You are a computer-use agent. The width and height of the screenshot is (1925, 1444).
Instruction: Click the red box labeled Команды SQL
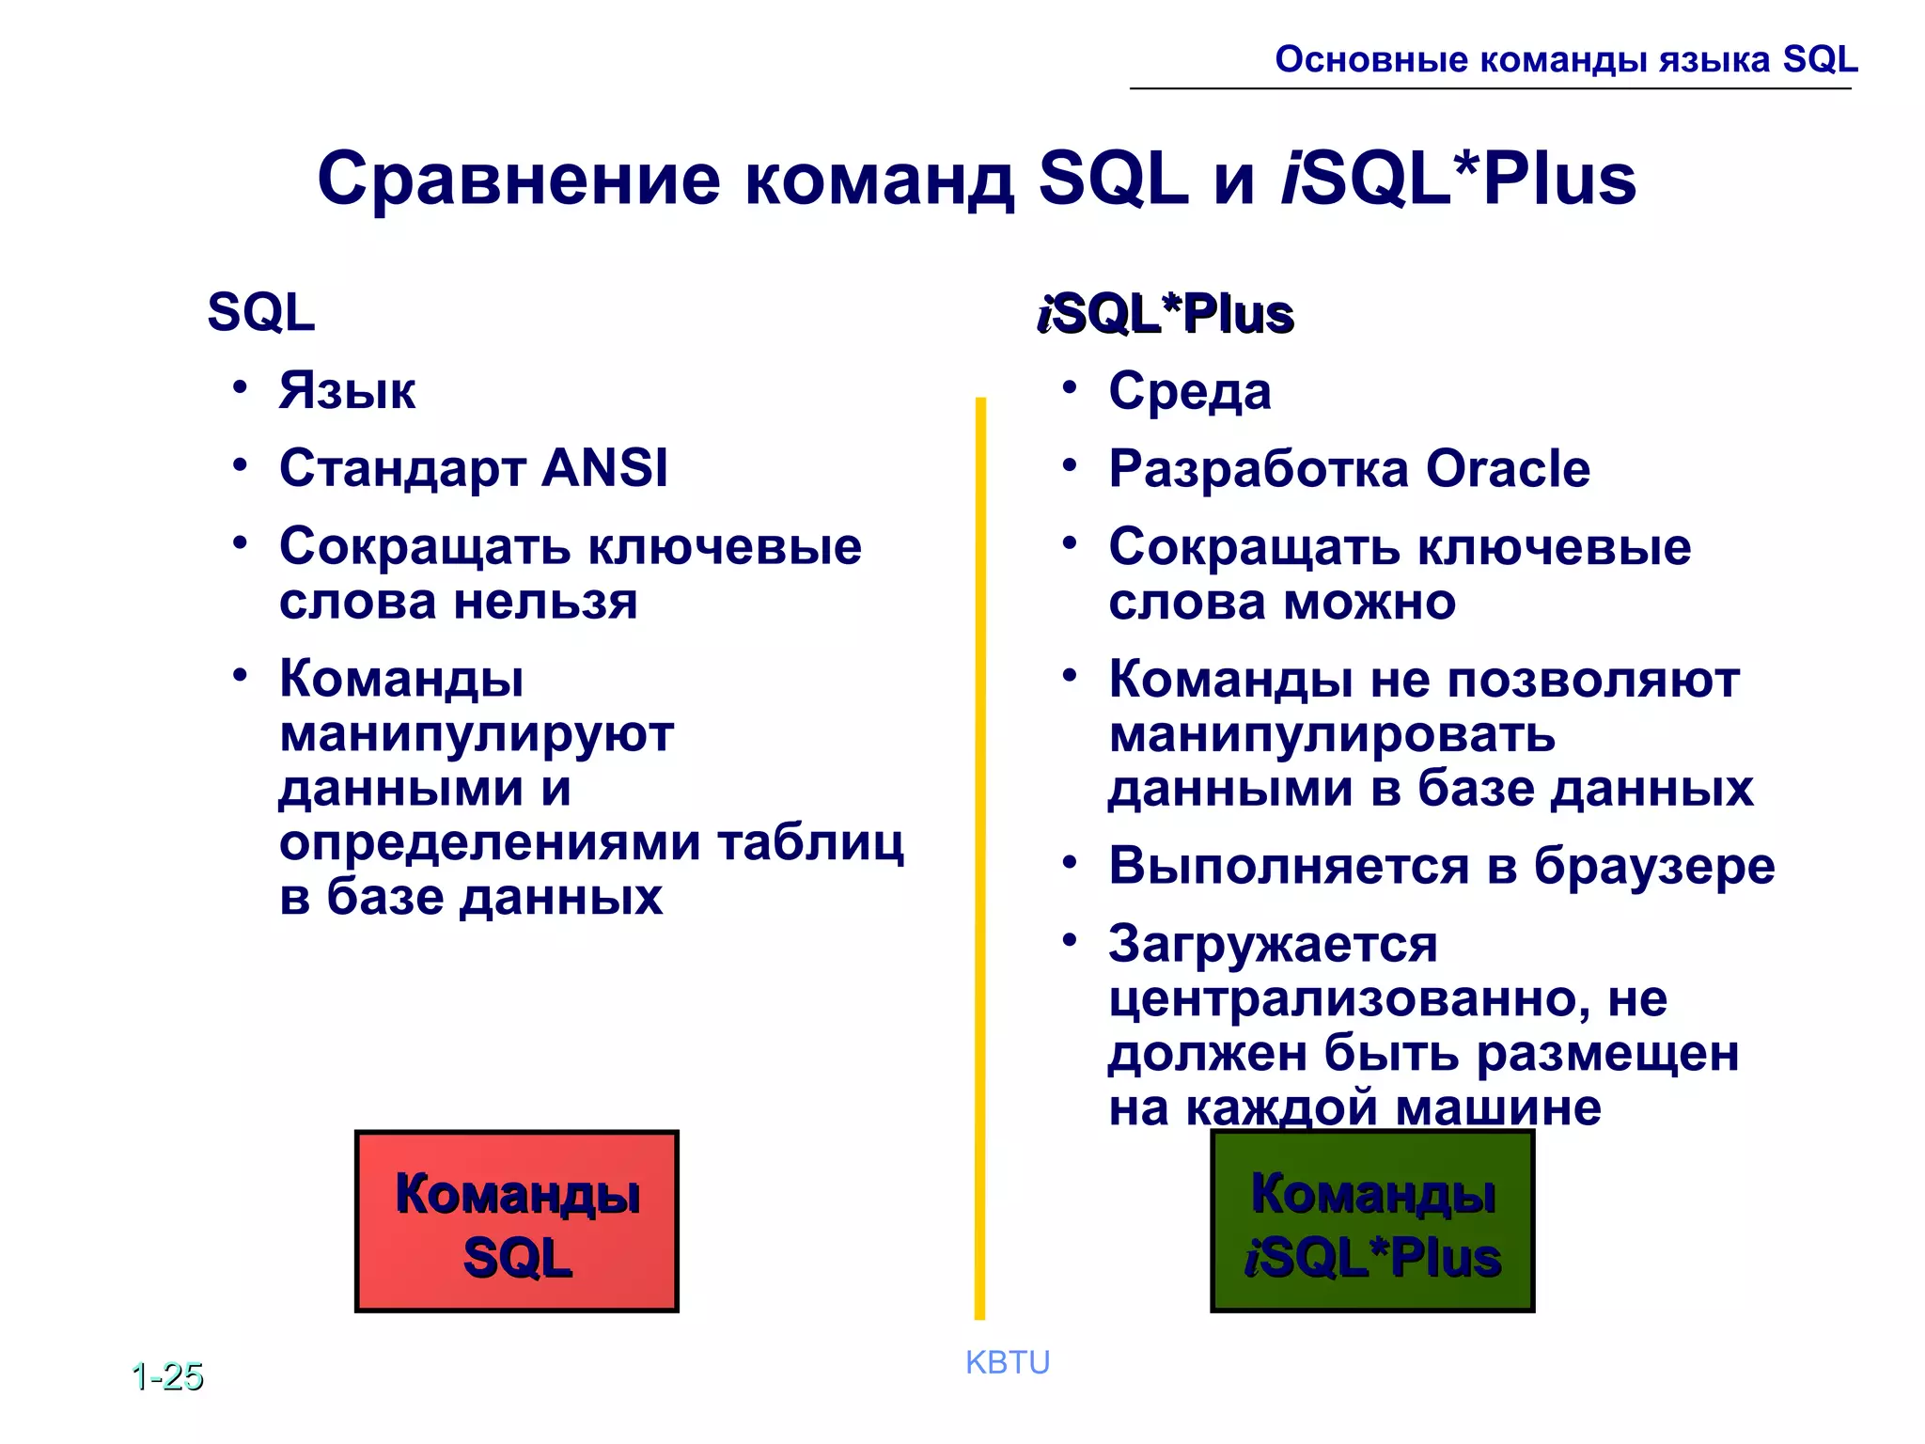click(517, 1221)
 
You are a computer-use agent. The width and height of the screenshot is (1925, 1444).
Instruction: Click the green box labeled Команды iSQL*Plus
click(1372, 1221)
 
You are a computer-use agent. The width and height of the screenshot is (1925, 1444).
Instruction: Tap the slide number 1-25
click(168, 1376)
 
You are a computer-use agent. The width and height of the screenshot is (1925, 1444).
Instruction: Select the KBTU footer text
click(1008, 1362)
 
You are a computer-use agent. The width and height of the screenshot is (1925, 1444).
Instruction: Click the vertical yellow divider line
click(980, 846)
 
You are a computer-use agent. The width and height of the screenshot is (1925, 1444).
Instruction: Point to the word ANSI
click(605, 467)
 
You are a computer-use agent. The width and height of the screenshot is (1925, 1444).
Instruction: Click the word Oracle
click(1508, 468)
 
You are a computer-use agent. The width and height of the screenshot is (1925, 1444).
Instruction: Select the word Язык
click(347, 391)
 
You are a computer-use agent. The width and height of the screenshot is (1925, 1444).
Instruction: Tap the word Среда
click(1190, 391)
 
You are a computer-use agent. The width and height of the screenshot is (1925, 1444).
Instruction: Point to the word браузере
click(1654, 866)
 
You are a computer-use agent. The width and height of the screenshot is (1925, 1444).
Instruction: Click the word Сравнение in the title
click(519, 179)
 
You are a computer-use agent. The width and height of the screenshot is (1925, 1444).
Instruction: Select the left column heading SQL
click(261, 312)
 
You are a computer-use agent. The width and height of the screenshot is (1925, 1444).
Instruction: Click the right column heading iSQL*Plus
click(1166, 314)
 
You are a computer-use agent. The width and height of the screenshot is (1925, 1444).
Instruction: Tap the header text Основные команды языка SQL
click(1566, 59)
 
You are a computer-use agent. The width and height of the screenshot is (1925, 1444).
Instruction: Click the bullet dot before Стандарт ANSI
click(241, 464)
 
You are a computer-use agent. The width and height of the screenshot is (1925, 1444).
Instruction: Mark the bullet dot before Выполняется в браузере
click(1070, 862)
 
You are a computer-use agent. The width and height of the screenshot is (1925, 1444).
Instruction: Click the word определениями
click(490, 842)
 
